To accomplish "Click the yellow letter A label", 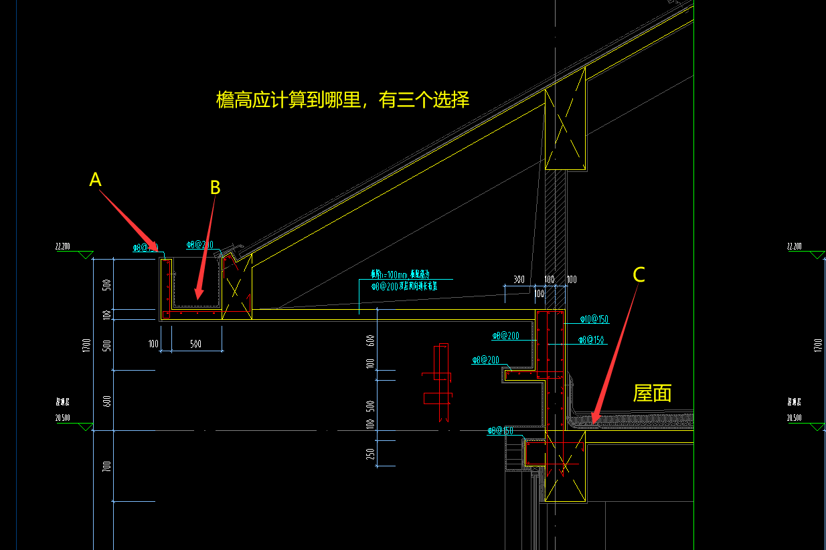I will coord(95,179).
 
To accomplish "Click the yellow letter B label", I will coord(215,187).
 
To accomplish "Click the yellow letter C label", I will coord(639,274).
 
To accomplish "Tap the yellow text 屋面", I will coord(652,393).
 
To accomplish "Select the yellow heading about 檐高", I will coord(343,100).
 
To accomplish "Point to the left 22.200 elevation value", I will coord(62,246).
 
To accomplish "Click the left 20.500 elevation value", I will coord(62,418).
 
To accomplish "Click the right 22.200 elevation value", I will coord(795,246).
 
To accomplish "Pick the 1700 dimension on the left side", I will coord(86,345).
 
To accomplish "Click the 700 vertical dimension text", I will coord(106,466).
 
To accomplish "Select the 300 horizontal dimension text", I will coord(518,279).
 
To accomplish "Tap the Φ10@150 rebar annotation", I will coord(594,319).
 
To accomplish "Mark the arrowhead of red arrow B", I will coord(195,297).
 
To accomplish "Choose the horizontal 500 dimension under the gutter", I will coord(195,344).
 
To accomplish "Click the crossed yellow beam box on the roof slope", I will coord(566,128).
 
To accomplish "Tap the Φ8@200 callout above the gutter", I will coord(199,245).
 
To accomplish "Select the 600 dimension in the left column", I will coord(106,401).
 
